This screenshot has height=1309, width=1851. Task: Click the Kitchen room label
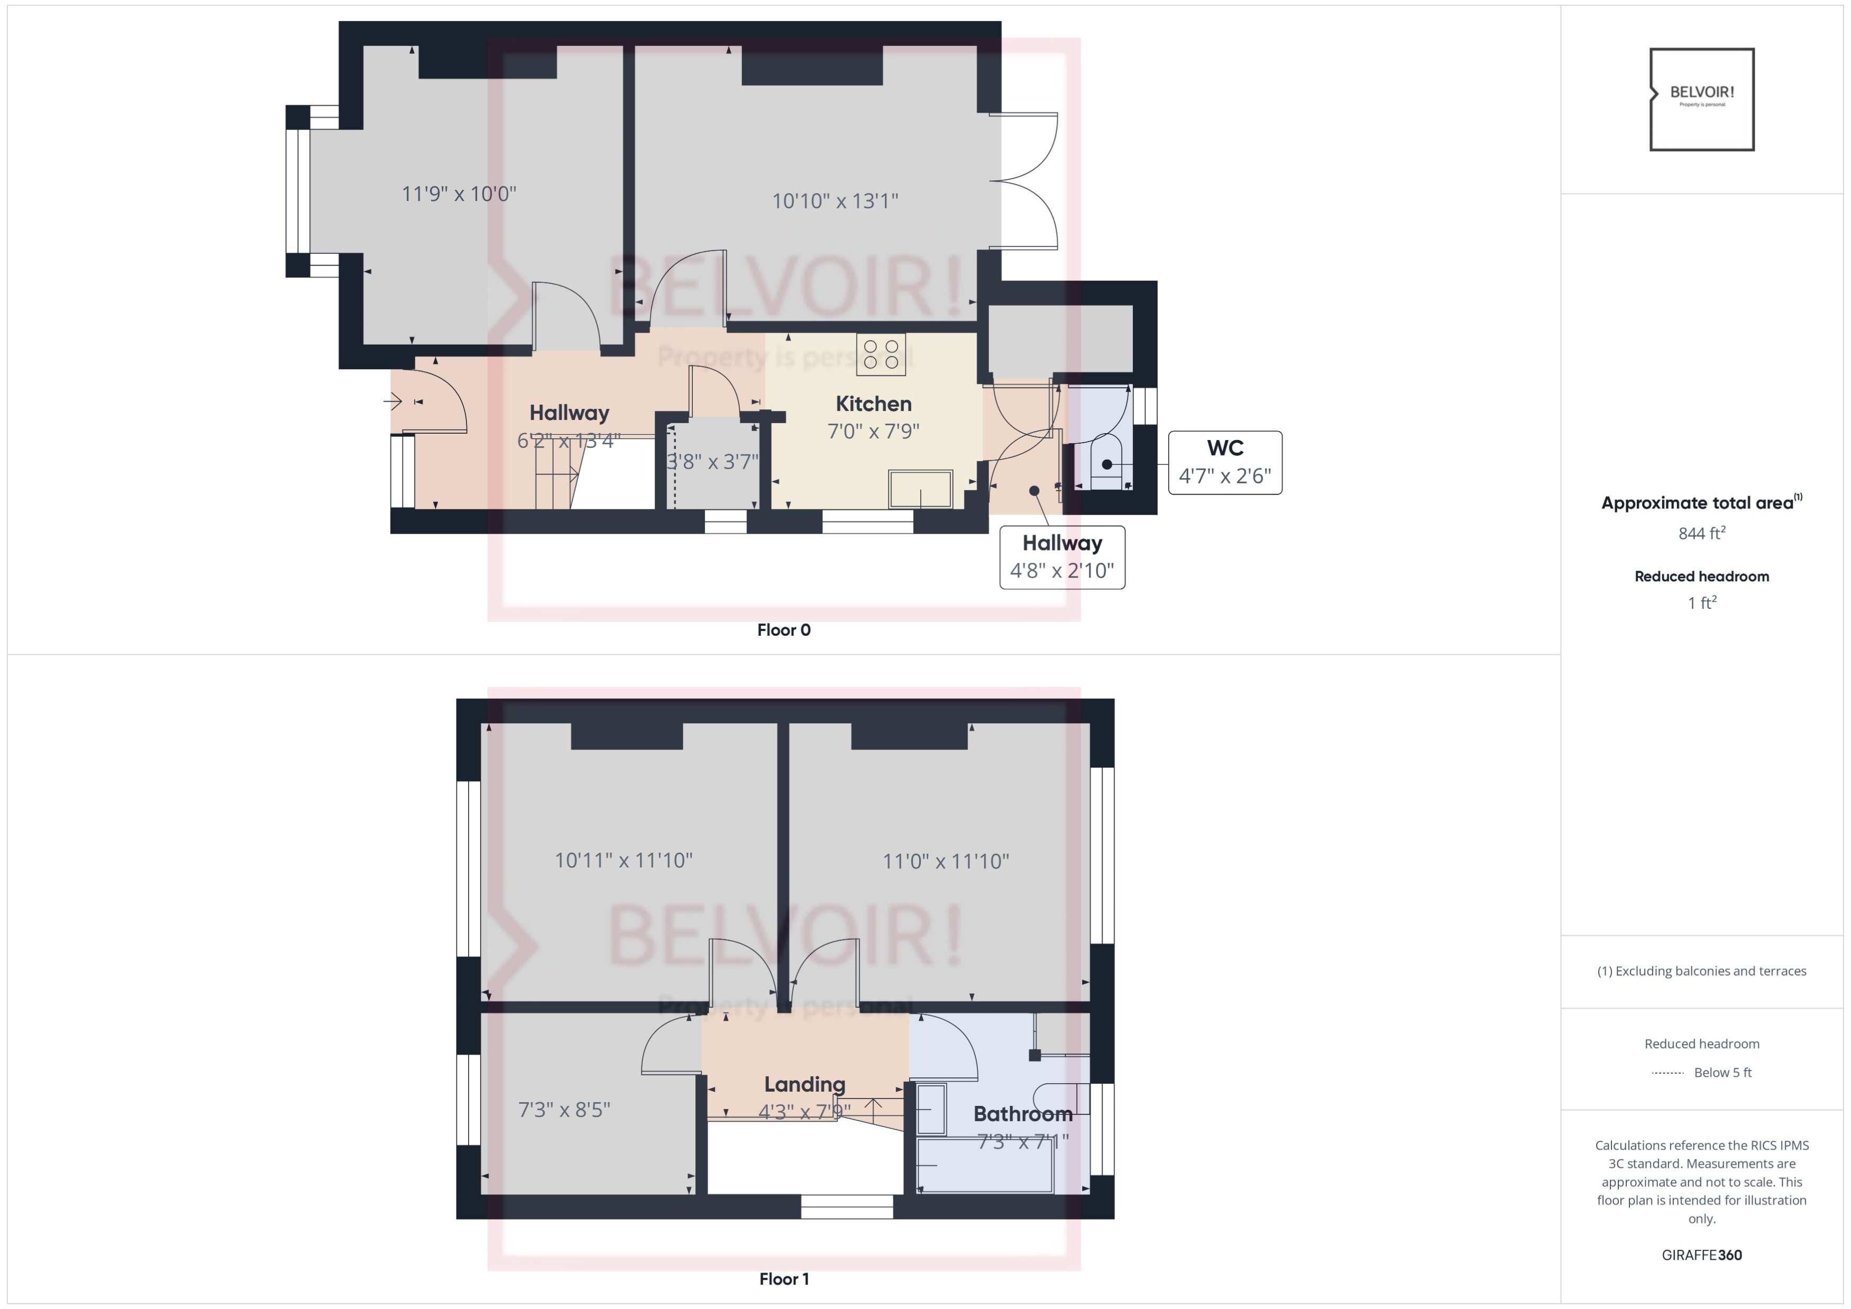873,404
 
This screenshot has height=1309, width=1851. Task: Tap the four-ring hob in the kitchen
881,355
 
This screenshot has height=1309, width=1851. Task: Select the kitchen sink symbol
920,489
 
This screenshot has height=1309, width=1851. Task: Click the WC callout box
1225,462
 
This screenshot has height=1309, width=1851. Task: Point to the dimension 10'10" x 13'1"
835,200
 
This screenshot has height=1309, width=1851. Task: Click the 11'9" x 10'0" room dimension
459,194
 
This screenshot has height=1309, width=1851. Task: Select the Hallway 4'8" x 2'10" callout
1062,557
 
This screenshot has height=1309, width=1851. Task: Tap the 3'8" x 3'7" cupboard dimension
713,462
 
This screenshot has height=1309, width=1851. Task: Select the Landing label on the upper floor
804,1084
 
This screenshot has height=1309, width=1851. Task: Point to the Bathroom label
1022,1114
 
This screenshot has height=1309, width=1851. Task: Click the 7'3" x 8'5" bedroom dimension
564,1110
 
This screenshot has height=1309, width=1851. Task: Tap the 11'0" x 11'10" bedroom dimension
946,862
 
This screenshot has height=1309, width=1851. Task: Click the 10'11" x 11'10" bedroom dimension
623,860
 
